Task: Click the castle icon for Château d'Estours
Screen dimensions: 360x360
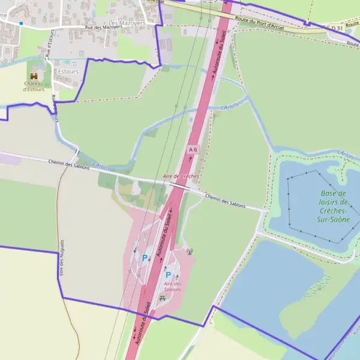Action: tap(34, 76)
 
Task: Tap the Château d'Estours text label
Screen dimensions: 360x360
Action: tap(34, 86)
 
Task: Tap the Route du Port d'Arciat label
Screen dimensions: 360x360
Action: tap(259, 22)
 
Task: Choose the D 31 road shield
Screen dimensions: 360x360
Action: tap(336, 28)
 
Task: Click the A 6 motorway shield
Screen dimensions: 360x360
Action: tap(193, 149)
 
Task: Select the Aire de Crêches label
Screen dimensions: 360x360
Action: tap(181, 176)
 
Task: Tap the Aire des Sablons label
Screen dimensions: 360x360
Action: tap(172, 286)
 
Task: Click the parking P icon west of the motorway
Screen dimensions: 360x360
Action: tap(145, 258)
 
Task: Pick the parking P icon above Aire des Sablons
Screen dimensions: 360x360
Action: tap(168, 274)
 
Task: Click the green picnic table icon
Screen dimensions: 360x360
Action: tap(162, 298)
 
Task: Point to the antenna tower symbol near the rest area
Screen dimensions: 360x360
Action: tap(190, 251)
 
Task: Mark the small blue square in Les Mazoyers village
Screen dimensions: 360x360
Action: tap(21, 23)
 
